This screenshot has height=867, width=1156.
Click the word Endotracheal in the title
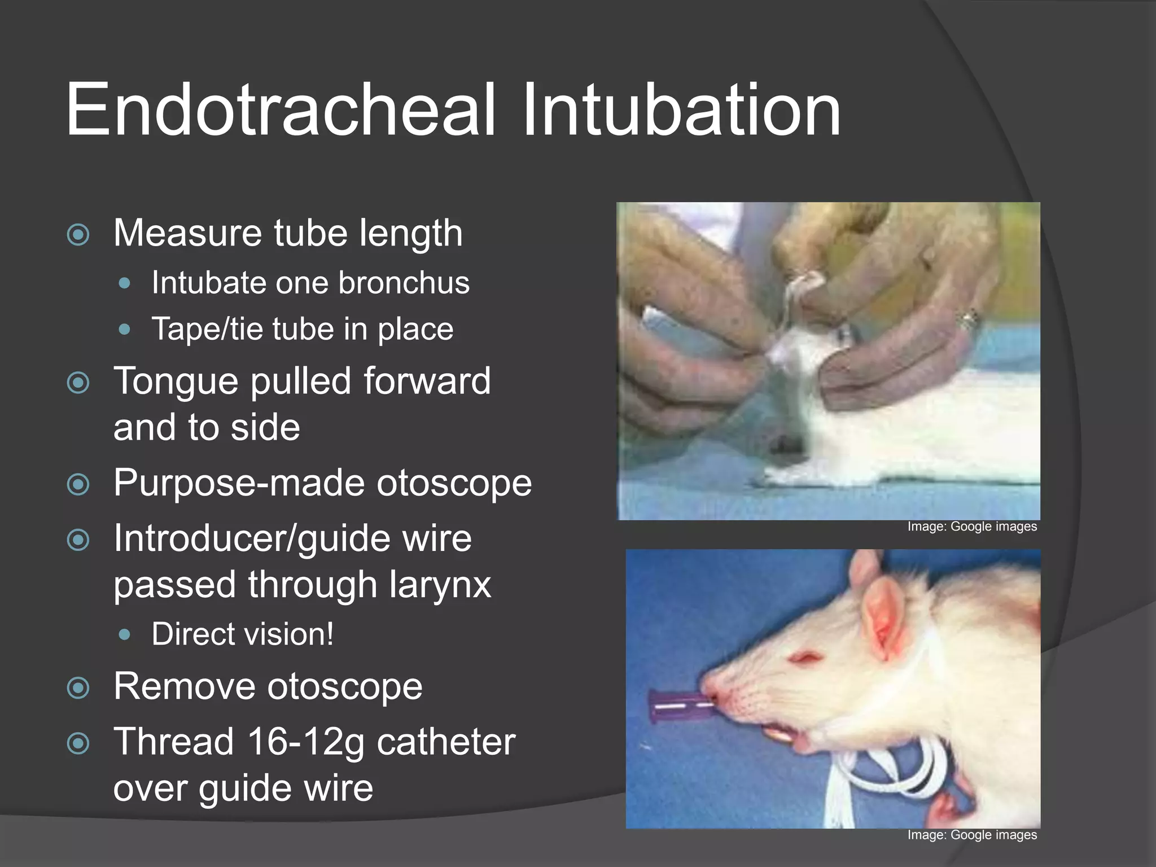pos(281,110)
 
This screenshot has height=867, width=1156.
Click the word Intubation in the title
pos(681,110)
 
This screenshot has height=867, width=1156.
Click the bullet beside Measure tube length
pos(78,234)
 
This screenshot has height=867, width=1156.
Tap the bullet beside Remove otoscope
pos(78,688)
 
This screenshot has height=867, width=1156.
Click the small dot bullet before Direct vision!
pos(125,635)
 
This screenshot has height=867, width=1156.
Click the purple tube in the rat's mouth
pos(677,706)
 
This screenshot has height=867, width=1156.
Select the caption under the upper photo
pos(972,527)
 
